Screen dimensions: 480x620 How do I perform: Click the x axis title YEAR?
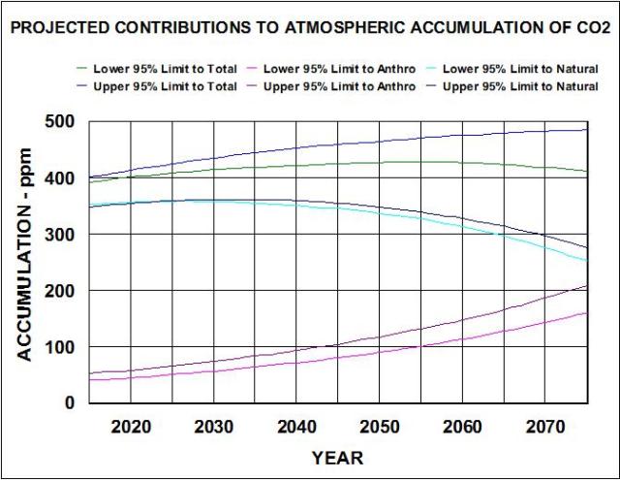[x=337, y=457]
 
